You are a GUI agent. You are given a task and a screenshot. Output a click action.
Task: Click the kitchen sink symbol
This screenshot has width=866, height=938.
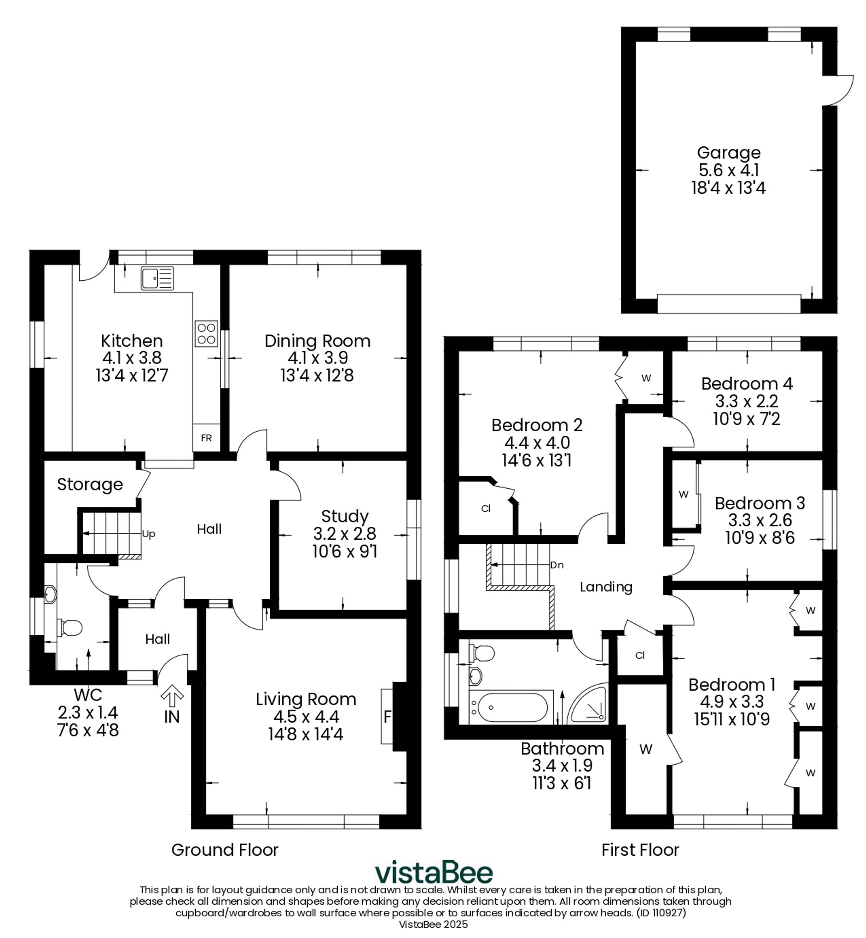pyautogui.click(x=157, y=278)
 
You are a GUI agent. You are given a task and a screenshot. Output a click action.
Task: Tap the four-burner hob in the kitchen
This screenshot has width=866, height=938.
pyautogui.click(x=206, y=333)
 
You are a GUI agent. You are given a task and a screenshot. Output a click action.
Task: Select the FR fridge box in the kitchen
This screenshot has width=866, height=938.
pyautogui.click(x=206, y=438)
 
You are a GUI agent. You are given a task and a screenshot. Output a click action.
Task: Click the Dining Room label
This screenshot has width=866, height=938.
pyautogui.click(x=317, y=341)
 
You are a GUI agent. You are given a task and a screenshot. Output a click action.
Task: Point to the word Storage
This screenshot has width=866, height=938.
pyautogui.click(x=90, y=484)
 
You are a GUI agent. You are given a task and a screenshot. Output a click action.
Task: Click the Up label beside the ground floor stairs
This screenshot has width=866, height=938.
pyautogui.click(x=149, y=534)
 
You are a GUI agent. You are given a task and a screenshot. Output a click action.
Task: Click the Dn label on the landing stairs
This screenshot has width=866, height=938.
pyautogui.click(x=557, y=565)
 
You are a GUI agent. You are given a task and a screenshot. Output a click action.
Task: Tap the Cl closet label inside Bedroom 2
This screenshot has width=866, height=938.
pyautogui.click(x=485, y=509)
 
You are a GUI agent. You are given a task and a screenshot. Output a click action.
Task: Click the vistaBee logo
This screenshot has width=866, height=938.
pyautogui.click(x=433, y=872)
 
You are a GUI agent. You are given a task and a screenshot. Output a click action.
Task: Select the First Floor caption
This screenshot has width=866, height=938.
pyautogui.click(x=640, y=850)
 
